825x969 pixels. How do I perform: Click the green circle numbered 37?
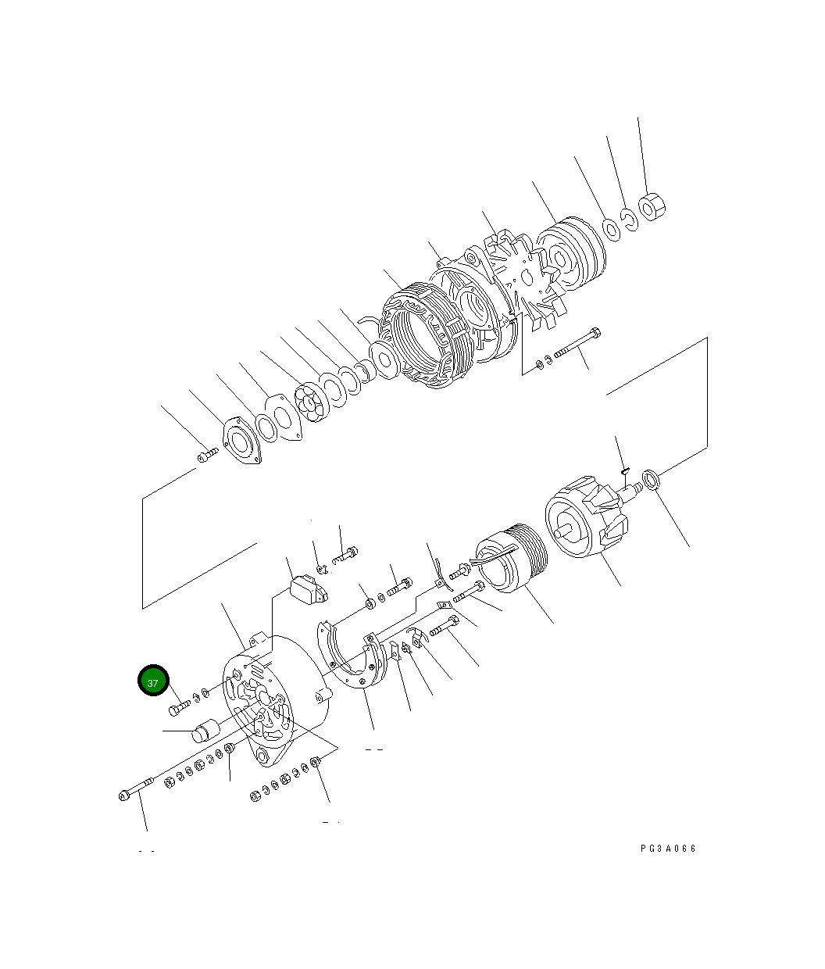click(x=153, y=681)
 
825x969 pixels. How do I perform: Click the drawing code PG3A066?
click(x=667, y=849)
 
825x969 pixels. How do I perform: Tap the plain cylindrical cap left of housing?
click(x=206, y=733)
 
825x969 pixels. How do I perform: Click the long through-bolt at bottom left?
click(x=137, y=788)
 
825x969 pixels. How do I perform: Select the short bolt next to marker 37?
click(x=179, y=709)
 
